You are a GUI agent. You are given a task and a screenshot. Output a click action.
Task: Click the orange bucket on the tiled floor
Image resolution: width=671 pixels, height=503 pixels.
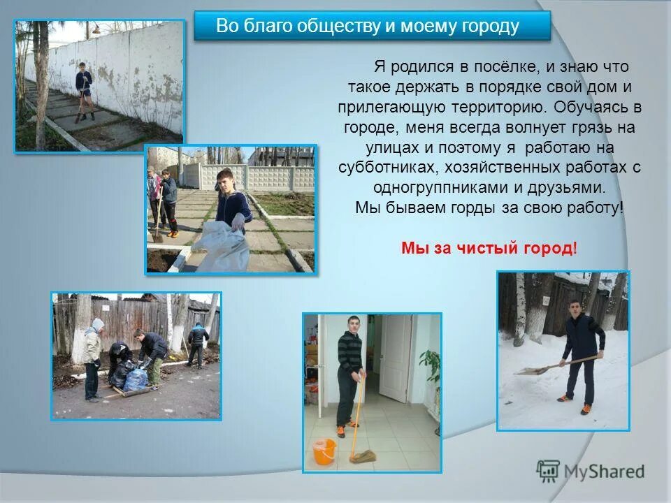324,451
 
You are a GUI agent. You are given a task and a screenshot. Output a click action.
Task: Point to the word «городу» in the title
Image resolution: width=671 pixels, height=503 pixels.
490,27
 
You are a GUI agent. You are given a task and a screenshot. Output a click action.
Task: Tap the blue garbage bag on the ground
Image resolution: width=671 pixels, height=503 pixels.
136,379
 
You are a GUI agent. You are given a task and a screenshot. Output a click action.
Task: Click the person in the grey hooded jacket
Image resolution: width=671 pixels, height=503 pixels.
93,358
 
